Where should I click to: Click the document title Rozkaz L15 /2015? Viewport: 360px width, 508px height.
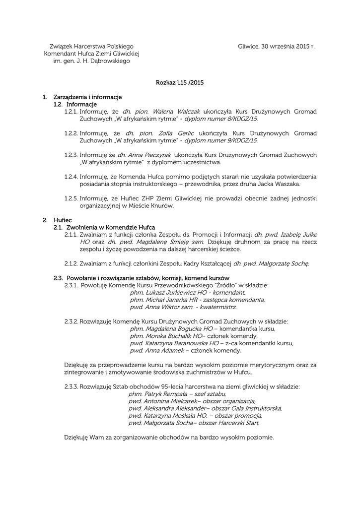[180, 82]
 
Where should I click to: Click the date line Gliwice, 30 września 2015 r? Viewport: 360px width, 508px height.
[277, 46]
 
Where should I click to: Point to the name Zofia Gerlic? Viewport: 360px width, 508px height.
[176, 133]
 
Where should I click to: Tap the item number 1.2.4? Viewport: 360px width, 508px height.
[71, 177]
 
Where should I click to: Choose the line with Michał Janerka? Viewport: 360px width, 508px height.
[197, 300]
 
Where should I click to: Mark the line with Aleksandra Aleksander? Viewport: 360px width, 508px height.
[205, 408]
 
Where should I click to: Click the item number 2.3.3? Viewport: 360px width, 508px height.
[71, 386]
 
